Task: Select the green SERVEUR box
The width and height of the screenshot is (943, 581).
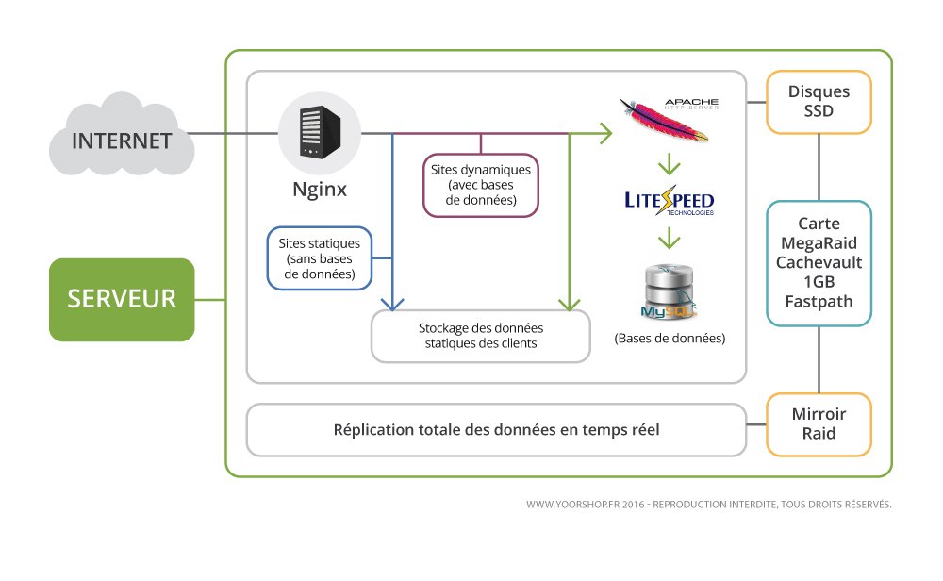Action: pyautogui.click(x=122, y=299)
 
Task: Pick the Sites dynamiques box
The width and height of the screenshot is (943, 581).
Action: pyautogui.click(x=480, y=185)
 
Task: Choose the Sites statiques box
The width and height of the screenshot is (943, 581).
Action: pyautogui.click(x=320, y=257)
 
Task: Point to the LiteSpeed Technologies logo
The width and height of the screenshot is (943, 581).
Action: pyautogui.click(x=670, y=203)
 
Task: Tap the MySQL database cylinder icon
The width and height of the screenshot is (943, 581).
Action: pyautogui.click(x=668, y=291)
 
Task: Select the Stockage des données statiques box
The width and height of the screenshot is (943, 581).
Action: pyautogui.click(x=481, y=336)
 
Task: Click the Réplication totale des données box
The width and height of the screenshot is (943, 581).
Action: pyautogui.click(x=496, y=430)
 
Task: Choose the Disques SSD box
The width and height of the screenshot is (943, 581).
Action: pyautogui.click(x=819, y=101)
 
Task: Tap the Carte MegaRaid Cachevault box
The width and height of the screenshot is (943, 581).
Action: pyautogui.click(x=819, y=263)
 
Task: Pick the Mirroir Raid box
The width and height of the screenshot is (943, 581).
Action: pyautogui.click(x=819, y=424)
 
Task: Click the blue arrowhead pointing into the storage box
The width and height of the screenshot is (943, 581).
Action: pyautogui.click(x=391, y=304)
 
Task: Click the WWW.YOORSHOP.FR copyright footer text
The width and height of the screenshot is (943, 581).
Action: pyautogui.click(x=708, y=505)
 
